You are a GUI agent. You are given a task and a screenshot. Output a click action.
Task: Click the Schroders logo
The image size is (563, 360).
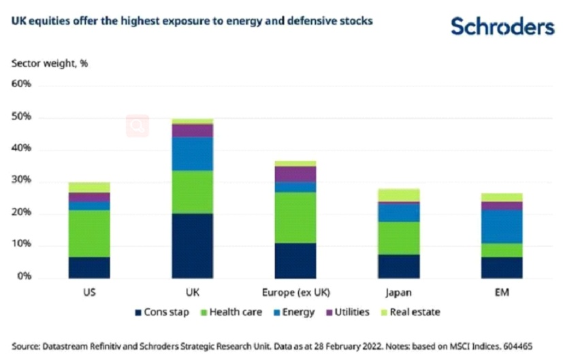coord(502,27)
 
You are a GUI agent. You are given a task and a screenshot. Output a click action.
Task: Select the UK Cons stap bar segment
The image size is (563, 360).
coord(192,246)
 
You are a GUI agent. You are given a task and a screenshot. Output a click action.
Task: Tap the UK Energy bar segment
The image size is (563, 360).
coord(192,154)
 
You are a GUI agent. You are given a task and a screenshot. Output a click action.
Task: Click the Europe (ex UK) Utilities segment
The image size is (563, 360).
coord(295,174)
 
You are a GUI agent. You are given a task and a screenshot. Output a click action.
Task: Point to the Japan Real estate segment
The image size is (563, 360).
coord(398,195)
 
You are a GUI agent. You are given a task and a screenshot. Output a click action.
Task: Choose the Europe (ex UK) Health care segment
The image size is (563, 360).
coord(295,217)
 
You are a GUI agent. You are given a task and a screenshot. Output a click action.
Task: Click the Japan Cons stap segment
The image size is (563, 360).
coord(398,266)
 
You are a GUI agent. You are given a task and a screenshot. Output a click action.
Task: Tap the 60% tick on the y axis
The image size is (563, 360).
coord(22,85)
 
